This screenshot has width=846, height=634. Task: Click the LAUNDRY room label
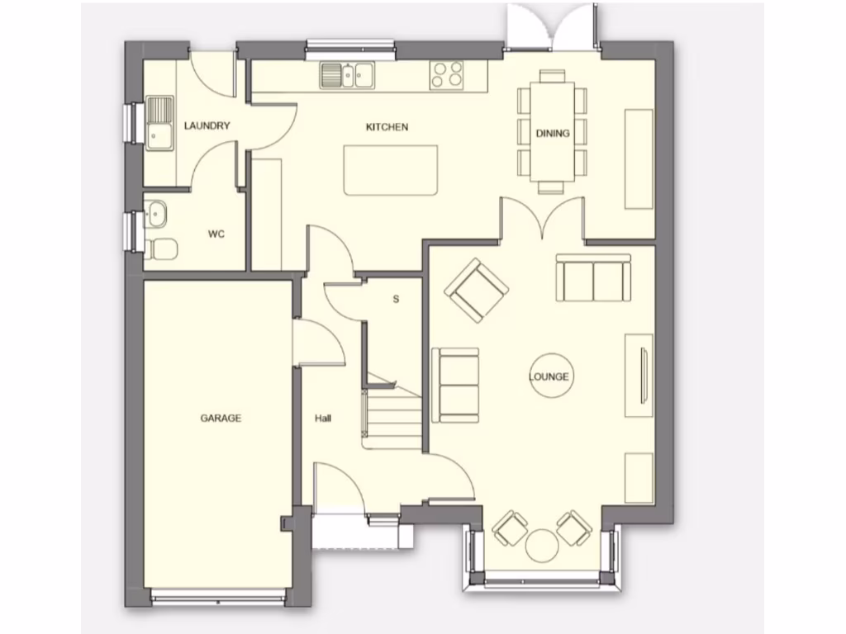coord(207,126)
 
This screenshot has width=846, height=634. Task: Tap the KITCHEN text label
coord(387,127)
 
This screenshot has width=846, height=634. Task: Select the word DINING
coord(552,133)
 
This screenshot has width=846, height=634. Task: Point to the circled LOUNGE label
coord(549,377)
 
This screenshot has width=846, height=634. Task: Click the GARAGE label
coord(221,419)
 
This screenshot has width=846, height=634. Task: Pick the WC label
coord(216,234)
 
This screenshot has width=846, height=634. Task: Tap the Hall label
coord(322,419)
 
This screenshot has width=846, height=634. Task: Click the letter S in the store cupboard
coord(396,300)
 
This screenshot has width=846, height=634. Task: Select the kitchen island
coord(391,170)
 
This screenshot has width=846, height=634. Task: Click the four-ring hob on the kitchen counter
coord(448,75)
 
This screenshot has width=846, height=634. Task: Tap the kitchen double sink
coord(349,75)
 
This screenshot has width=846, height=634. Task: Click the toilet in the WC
coord(163,248)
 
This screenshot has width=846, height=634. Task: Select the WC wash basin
coord(155,214)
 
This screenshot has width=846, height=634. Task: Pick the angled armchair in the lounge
coord(477,291)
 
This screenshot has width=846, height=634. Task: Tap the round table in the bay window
coord(542,545)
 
